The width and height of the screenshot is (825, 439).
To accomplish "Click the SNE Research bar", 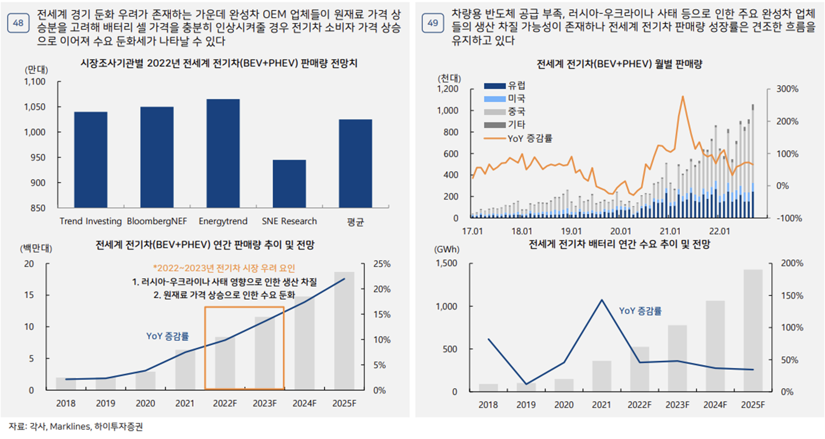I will pos(289,184).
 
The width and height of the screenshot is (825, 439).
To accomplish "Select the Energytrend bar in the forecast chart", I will pos(223,153).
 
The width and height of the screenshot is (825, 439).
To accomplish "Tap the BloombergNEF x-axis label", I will pos(157,221).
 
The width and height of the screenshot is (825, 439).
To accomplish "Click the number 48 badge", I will pos(17,23).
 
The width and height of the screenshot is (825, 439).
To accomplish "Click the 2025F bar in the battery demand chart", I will pos(752,330).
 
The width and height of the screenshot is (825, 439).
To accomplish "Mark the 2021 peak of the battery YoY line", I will pos(602,300).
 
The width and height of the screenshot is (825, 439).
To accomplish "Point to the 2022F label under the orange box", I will pos(225,403).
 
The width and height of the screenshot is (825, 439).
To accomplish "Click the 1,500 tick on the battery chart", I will pos(447,264).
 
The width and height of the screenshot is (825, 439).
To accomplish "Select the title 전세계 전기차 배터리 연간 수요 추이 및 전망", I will pos(619,245).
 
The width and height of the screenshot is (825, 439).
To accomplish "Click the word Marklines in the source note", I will pos(69,427).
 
